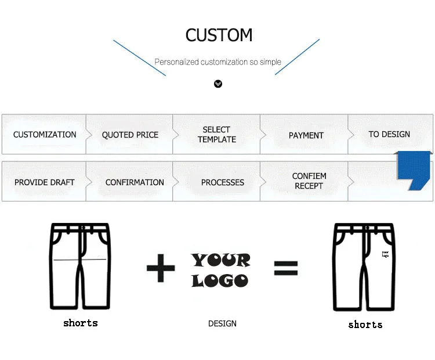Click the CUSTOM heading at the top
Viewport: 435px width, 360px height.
(x=219, y=35)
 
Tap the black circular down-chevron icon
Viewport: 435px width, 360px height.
(x=218, y=84)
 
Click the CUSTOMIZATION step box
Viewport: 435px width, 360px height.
(x=45, y=134)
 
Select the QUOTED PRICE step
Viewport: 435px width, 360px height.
(x=130, y=135)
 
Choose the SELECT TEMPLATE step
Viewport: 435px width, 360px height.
(x=217, y=134)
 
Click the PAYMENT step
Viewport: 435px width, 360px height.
(x=306, y=135)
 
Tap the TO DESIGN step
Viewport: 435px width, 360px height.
(x=389, y=134)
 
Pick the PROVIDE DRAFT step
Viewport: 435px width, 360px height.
(x=45, y=182)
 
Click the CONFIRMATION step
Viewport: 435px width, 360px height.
(x=135, y=182)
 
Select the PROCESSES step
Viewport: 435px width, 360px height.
(x=222, y=182)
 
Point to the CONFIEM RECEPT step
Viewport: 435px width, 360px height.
(x=309, y=181)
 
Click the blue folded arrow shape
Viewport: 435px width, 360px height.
(x=413, y=170)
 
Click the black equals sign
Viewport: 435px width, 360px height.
(x=285, y=268)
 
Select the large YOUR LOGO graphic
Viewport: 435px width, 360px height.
(x=220, y=270)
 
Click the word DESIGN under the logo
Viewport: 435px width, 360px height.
(x=222, y=323)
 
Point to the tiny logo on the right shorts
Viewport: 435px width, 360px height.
(x=385, y=254)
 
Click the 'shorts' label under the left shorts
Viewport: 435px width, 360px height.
(x=80, y=323)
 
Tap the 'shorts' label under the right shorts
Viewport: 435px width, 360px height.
(x=365, y=325)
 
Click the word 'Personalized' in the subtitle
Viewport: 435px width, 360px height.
(x=176, y=62)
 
